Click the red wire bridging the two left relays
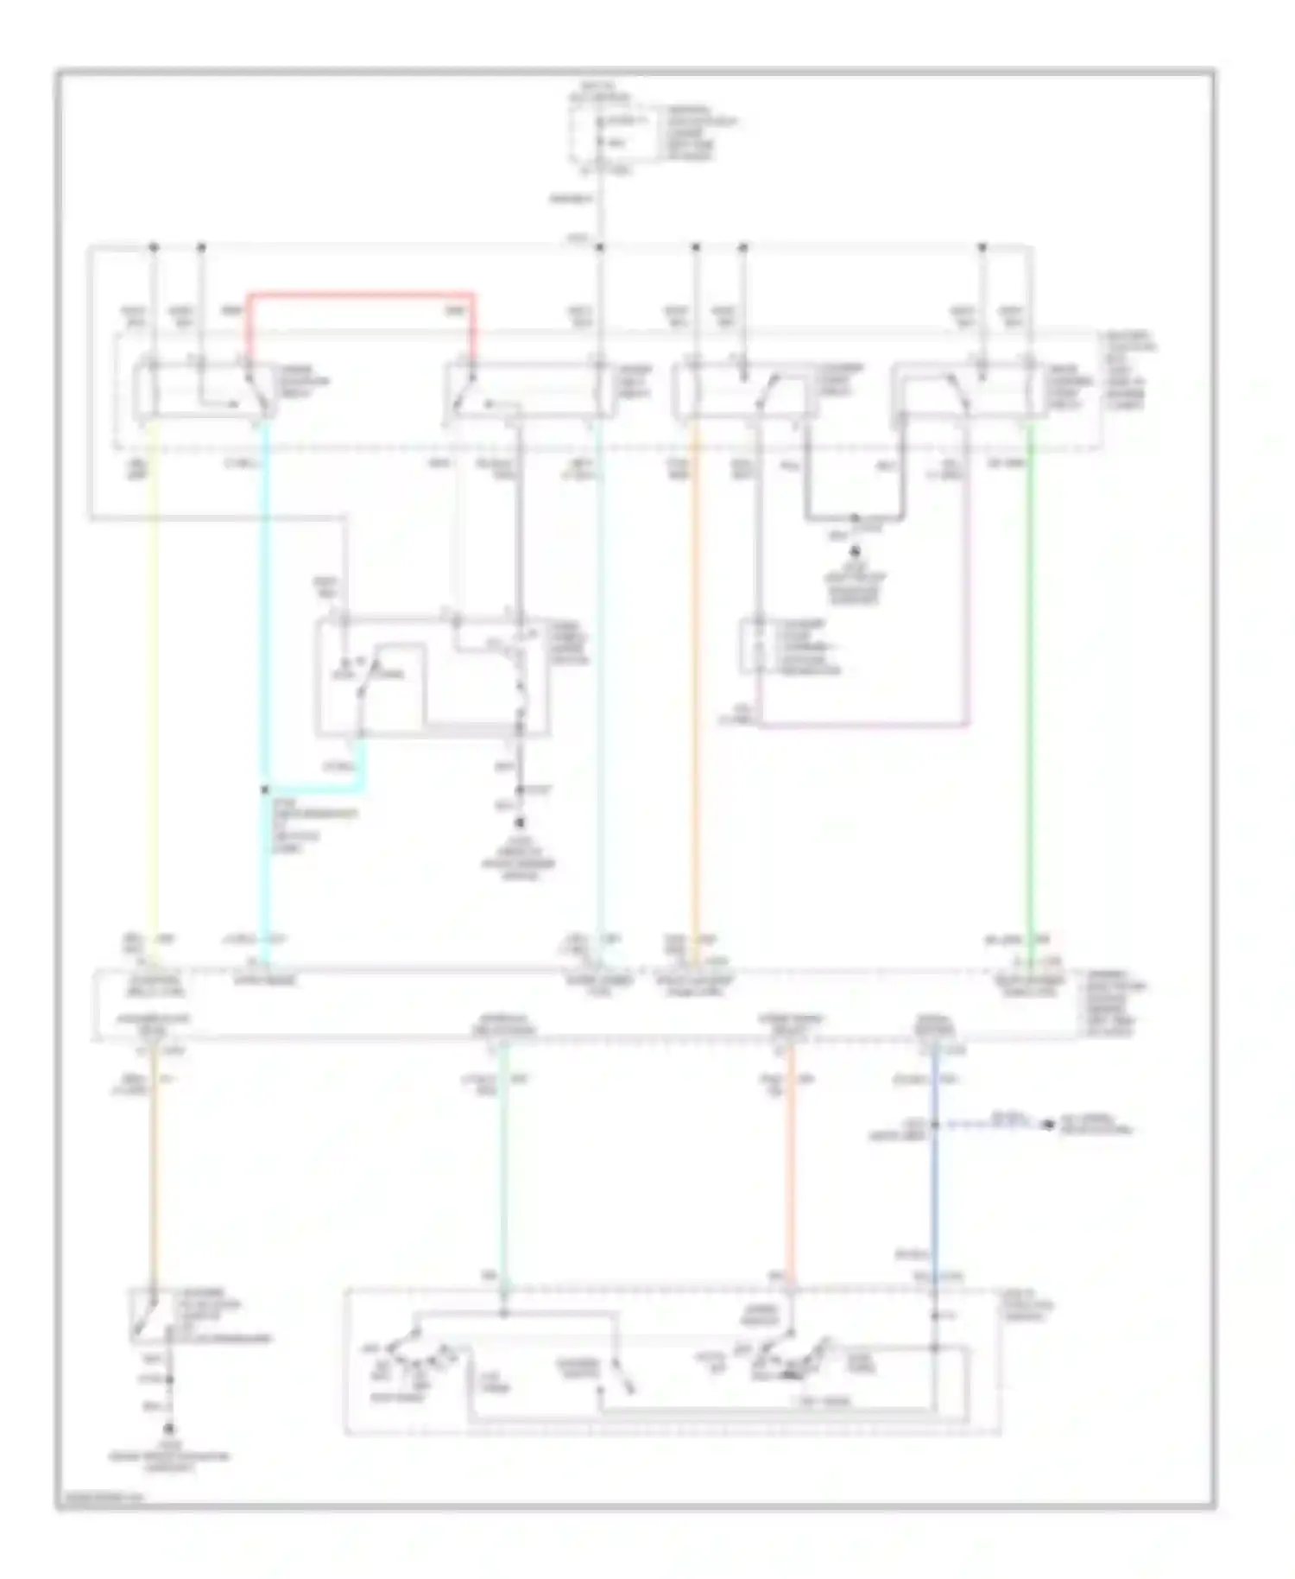(x=361, y=295)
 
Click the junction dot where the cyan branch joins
(x=264, y=789)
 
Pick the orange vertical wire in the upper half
(x=695, y=691)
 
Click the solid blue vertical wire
(x=934, y=1209)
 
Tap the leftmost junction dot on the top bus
(x=154, y=248)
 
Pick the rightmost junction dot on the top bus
(x=982, y=248)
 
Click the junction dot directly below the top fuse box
(x=600, y=248)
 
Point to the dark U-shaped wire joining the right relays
(x=855, y=518)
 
